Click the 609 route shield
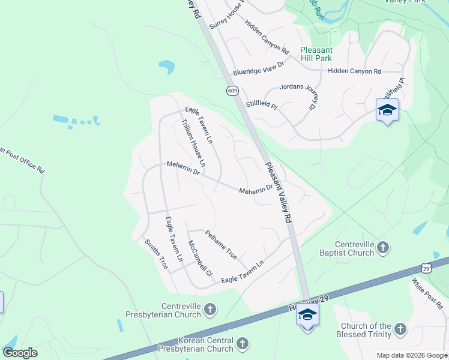232,91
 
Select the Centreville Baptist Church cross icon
384,247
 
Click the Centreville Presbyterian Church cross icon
209,310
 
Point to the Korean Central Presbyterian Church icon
242,344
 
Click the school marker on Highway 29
307,314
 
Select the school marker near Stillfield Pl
387,110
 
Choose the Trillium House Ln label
193,143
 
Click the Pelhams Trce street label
221,244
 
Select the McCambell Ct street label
200,259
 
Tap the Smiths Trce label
156,254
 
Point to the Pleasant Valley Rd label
279,193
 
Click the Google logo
20,353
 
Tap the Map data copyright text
412,355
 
